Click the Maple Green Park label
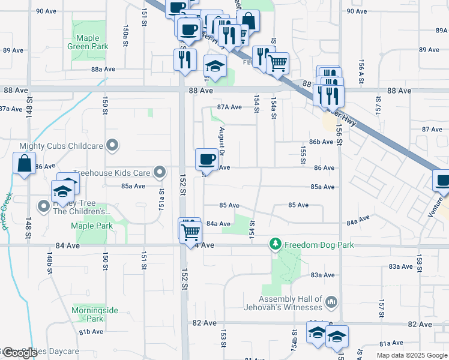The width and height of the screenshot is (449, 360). coord(88,42)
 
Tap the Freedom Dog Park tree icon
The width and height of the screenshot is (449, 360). coord(276,245)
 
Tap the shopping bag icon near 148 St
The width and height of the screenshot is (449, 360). coord(23,164)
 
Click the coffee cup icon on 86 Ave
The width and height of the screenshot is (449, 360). coord(206,159)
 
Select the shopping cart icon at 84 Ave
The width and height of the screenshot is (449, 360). coord(191,231)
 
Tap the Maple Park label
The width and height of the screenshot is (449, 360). coord(92,226)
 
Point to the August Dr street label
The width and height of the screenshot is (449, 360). coord(221,142)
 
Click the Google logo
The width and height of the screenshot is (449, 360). coord(19,353)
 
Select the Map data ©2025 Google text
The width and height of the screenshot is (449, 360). coord(411,355)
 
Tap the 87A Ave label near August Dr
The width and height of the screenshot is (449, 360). coord(229,107)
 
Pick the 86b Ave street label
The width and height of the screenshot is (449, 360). coord(321,142)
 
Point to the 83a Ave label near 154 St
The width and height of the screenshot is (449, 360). coord(322,275)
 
